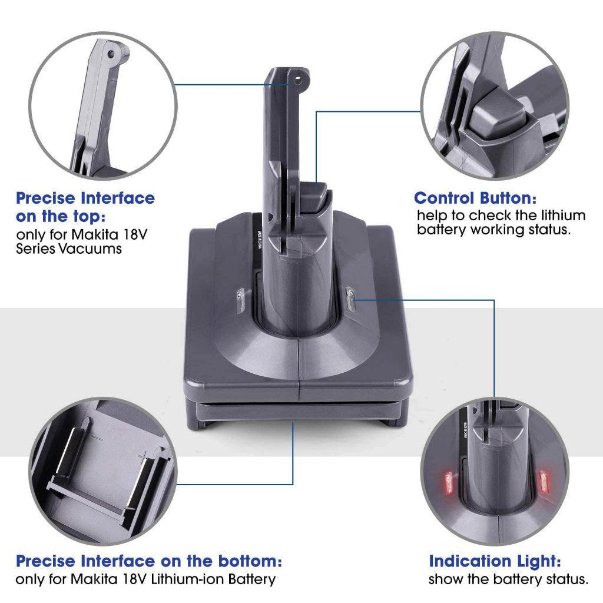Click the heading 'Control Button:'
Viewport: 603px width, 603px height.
[475, 198]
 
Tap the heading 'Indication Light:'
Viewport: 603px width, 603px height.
[495, 561]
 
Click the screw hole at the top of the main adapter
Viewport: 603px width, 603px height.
[297, 81]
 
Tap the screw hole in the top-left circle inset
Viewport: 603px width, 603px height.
[111, 54]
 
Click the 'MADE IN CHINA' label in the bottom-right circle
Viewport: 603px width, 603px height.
[464, 430]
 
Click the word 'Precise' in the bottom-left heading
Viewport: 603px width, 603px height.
[46, 561]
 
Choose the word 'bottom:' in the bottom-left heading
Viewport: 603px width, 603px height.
[250, 561]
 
